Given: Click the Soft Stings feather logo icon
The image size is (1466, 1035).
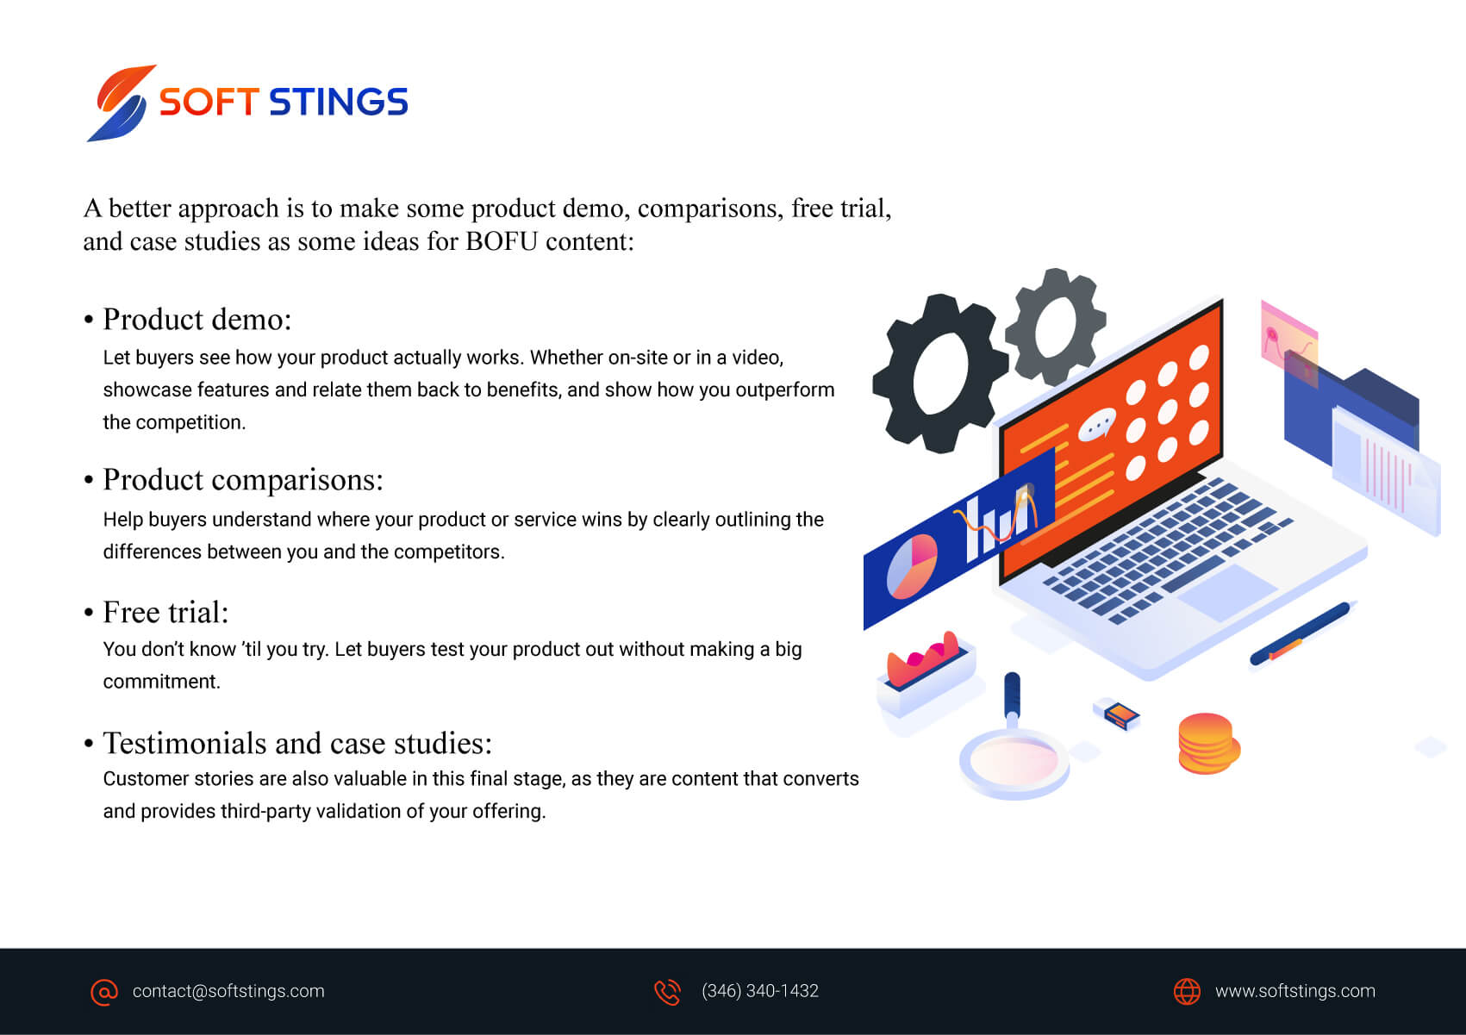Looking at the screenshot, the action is click(x=122, y=103).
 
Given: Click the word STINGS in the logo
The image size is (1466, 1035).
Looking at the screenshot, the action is click(x=339, y=102).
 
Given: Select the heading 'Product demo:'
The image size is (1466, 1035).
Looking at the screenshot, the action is click(x=197, y=320).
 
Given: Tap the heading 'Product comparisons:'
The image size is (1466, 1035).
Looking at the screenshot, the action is click(x=243, y=480).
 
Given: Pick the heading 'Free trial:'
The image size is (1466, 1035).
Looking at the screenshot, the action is click(x=165, y=613).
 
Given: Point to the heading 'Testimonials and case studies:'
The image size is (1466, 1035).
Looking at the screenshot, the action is click(x=297, y=743).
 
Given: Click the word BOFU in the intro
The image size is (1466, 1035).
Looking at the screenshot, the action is click(x=502, y=241).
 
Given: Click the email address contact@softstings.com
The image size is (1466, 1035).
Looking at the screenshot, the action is click(x=228, y=991).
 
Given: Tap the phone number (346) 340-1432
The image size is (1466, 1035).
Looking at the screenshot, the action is click(x=760, y=991).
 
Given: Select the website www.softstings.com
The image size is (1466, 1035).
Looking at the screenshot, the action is click(x=1295, y=991).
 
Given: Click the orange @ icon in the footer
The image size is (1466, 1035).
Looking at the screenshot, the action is click(x=104, y=992).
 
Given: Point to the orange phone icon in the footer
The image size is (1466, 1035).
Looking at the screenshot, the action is click(x=668, y=992).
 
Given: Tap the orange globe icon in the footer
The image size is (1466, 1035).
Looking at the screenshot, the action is click(x=1187, y=992).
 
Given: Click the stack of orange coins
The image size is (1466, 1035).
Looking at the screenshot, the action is click(x=1208, y=744).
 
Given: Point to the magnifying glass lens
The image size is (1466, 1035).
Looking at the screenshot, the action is click(x=1014, y=761).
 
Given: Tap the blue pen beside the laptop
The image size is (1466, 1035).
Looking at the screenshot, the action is click(x=1299, y=633).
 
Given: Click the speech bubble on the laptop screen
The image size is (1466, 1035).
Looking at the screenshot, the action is click(x=1096, y=425).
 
